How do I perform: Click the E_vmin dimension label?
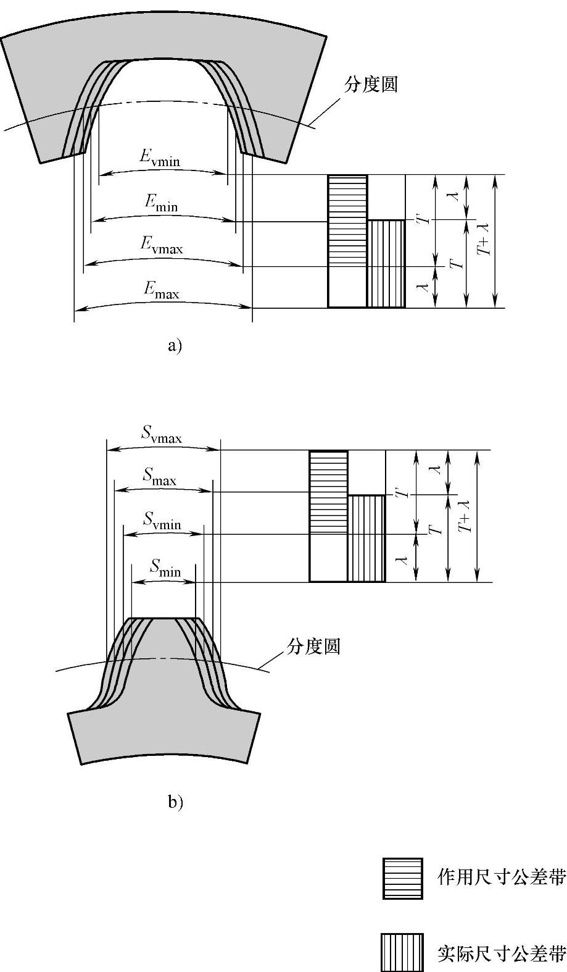point(159,159)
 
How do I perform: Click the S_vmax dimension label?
point(162,436)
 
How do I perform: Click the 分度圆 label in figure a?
point(371,85)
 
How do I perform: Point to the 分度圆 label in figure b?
point(313,647)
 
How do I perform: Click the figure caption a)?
point(175,346)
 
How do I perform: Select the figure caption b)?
point(175,802)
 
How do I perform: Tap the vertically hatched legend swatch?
point(402,952)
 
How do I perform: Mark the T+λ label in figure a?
point(486,241)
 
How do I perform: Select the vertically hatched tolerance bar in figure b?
point(366,538)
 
